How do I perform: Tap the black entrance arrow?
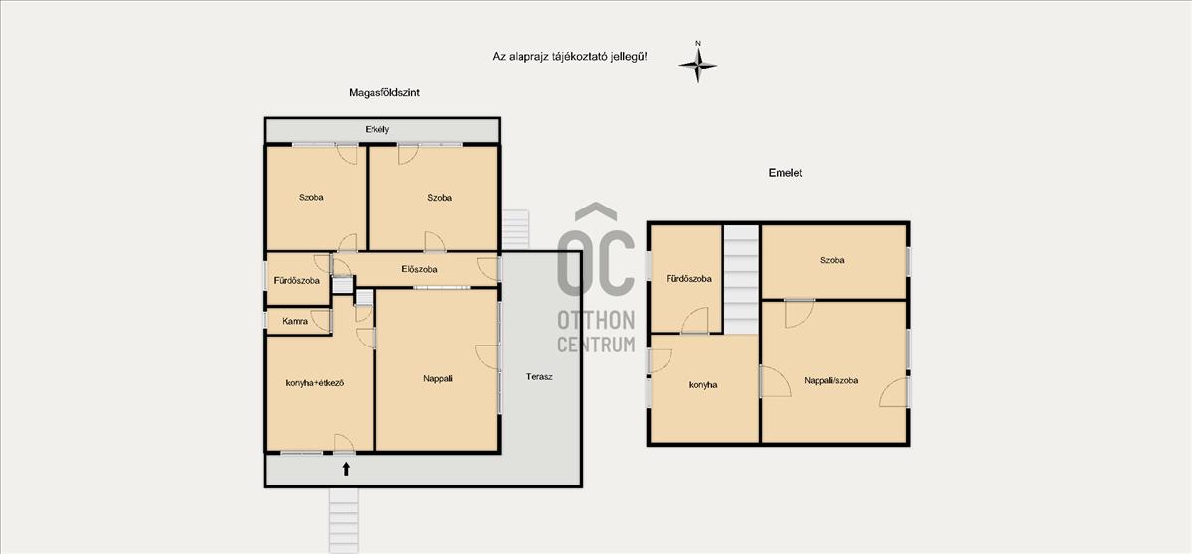pos(346,469)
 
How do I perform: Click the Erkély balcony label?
pos(376,129)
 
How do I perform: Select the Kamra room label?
pos(295,321)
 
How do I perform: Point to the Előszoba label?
pos(419,269)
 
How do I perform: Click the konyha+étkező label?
pos(315,383)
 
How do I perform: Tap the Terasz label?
pos(539,377)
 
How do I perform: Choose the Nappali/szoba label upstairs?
pos(830,380)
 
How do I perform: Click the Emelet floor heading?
pos(785,173)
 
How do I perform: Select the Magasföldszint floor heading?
pos(384,93)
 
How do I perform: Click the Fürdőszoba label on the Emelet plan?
pos(688,279)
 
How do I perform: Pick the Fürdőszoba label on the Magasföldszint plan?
pos(296,281)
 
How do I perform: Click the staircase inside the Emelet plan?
pos(741,280)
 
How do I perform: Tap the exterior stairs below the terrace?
pos(344,520)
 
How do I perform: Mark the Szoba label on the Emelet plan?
pos(832,260)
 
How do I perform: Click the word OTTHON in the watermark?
pos(596,320)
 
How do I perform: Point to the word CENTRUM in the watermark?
pos(596,344)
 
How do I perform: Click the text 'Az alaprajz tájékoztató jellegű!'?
pos(569,57)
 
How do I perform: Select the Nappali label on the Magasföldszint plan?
pos(438,379)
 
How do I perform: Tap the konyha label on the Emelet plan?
pos(703,385)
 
